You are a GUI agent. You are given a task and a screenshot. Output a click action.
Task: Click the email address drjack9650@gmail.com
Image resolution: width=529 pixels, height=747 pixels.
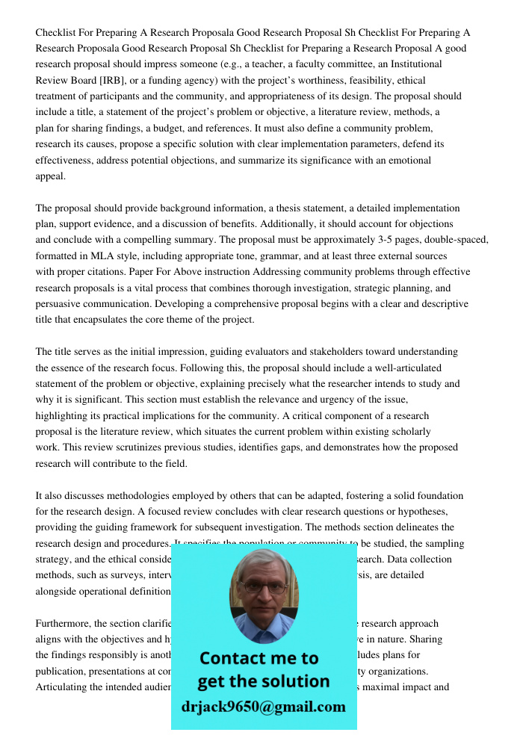point(264,707)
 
